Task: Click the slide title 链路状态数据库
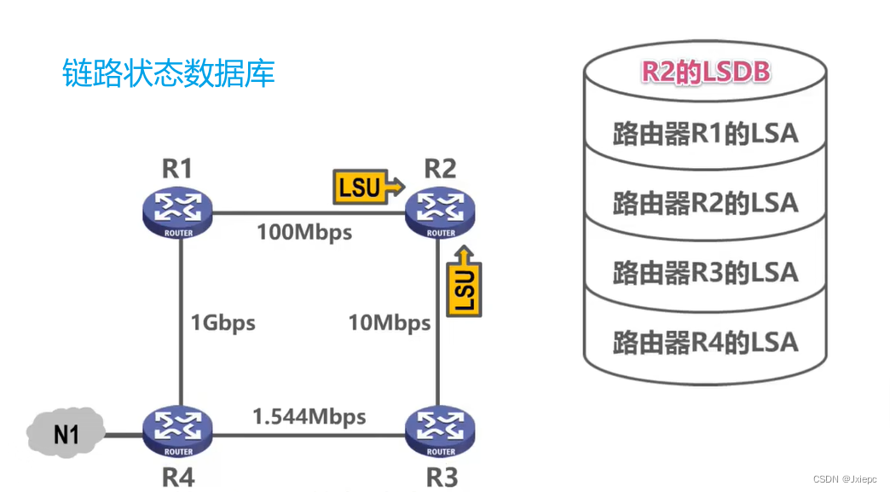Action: [x=169, y=73]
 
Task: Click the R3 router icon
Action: [x=441, y=432]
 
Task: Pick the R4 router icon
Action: [x=178, y=432]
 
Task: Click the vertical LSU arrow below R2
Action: [x=464, y=281]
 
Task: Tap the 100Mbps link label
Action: [x=304, y=232]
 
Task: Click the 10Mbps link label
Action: [x=389, y=323]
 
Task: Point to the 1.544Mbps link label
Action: [x=309, y=417]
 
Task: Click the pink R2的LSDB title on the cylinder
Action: [x=705, y=72]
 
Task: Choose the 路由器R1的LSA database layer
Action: [x=705, y=134]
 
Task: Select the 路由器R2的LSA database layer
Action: [x=705, y=203]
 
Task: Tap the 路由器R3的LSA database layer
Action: [x=705, y=273]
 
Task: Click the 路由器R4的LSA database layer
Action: [x=705, y=343]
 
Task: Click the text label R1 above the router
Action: [x=176, y=168]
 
